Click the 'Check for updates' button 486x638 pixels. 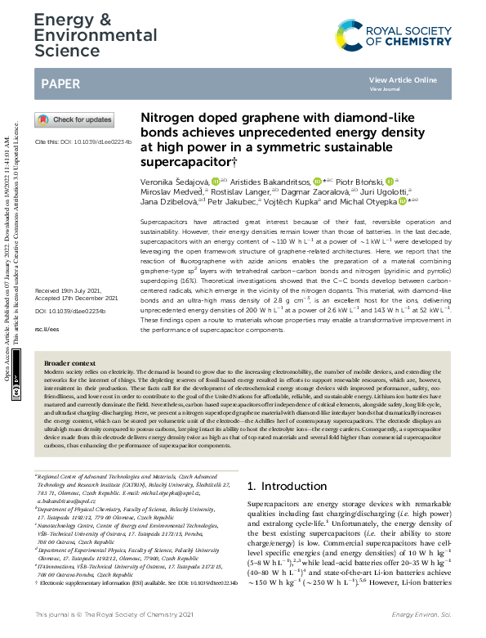coord(74,119)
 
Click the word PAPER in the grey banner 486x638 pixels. coord(60,83)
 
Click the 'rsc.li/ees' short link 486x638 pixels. coord(47,329)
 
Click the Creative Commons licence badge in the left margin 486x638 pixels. coord(16,393)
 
